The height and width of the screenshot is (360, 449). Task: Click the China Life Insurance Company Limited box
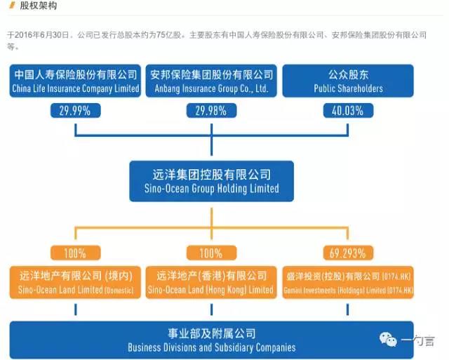(x=75, y=81)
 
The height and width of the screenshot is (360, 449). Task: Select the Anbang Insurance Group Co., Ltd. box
(x=211, y=81)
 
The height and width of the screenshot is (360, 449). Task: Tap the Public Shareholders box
(x=348, y=81)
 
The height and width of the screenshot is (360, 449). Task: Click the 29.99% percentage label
(x=75, y=110)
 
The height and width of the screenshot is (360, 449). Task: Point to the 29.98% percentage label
(x=211, y=110)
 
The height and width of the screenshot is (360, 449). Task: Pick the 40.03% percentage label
(x=348, y=110)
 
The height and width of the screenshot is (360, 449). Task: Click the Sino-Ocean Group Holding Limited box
(x=211, y=181)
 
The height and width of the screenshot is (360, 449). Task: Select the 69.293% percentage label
(x=348, y=253)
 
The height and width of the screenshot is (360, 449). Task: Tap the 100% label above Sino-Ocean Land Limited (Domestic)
(x=75, y=253)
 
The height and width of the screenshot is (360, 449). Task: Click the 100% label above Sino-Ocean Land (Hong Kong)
(x=211, y=253)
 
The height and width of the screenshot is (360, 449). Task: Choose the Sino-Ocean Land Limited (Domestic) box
(x=75, y=282)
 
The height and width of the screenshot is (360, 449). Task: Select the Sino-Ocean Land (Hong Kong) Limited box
(x=211, y=282)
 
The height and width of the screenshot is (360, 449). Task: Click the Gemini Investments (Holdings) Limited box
(x=348, y=282)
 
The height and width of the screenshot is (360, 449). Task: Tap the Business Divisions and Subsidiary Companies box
(x=211, y=340)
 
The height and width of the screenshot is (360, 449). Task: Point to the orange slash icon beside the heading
(x=12, y=6)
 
